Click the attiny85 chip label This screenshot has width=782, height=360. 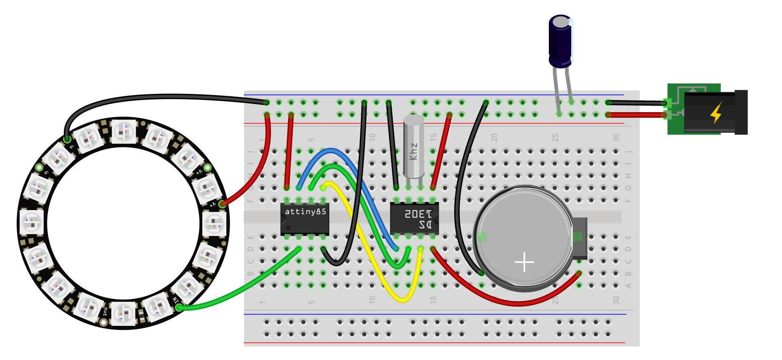(305, 212)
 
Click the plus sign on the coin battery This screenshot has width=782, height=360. (524, 262)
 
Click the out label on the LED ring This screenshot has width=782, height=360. (105, 312)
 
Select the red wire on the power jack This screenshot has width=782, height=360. (638, 115)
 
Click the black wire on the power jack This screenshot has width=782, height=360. (638, 103)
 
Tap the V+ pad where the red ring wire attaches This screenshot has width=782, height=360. (222, 204)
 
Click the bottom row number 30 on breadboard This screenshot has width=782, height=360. (616, 300)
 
